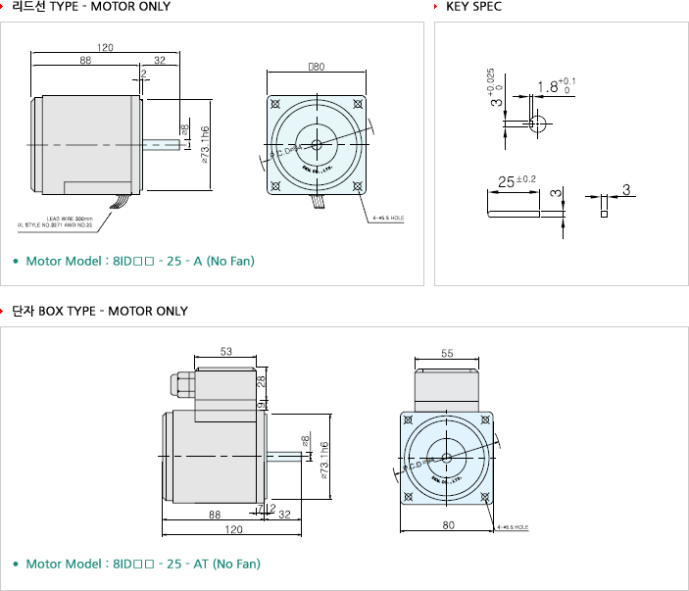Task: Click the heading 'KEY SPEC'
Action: tap(474, 7)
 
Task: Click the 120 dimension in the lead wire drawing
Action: tap(106, 47)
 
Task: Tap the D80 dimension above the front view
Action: tap(316, 69)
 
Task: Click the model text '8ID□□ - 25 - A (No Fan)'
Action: tap(157, 262)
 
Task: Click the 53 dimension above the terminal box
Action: tap(227, 351)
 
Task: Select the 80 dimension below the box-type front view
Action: tap(448, 525)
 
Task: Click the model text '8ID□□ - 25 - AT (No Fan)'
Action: tap(187, 564)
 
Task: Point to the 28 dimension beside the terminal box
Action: tap(263, 380)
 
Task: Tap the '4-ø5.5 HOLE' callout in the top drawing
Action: tap(388, 218)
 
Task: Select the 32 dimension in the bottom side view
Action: tap(284, 515)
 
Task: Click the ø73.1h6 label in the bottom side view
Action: tap(322, 458)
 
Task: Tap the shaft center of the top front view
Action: tap(316, 145)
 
